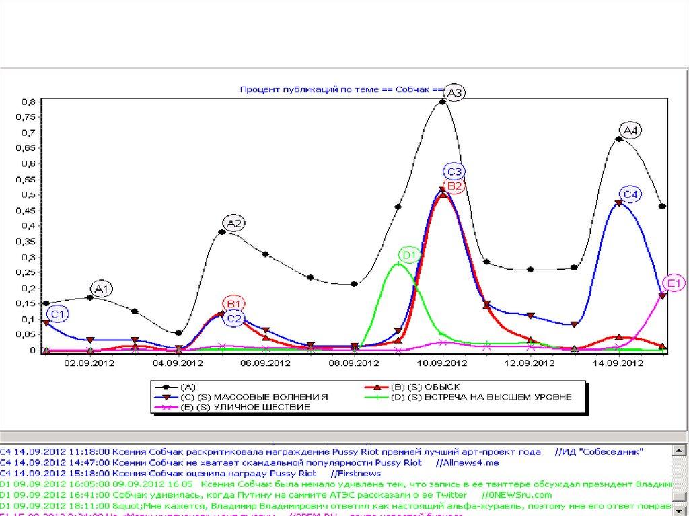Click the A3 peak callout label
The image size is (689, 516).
(455, 94)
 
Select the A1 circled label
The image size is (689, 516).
(102, 289)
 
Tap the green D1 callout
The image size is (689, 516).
(409, 255)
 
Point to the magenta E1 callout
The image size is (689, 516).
(674, 283)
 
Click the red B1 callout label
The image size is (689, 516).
(235, 302)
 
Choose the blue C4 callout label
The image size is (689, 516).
(630, 194)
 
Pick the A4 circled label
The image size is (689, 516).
(630, 130)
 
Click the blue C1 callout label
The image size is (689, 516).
(59, 314)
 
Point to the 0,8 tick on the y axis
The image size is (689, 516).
(28, 102)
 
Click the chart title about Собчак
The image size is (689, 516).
(340, 89)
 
